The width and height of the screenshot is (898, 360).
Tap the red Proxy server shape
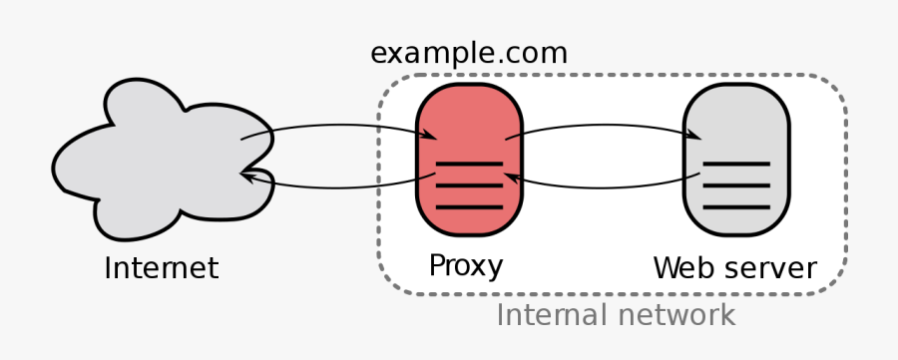tap(468, 115)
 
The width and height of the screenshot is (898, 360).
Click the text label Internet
tap(161, 268)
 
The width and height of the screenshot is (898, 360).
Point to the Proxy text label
tap(466, 266)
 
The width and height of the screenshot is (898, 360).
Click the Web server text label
tap(734, 268)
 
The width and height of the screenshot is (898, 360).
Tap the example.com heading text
tap(469, 52)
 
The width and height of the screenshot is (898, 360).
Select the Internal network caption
tap(616, 316)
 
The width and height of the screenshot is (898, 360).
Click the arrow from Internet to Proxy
tap(329, 127)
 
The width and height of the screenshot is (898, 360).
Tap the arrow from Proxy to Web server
tap(599, 127)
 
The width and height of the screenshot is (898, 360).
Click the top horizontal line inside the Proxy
tap(468, 163)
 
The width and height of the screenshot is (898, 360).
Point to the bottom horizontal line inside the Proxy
tap(468, 206)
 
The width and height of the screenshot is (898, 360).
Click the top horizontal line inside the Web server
tap(736, 163)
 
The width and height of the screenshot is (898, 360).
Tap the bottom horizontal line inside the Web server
tap(736, 206)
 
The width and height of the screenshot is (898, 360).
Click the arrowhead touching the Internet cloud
tap(249, 176)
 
